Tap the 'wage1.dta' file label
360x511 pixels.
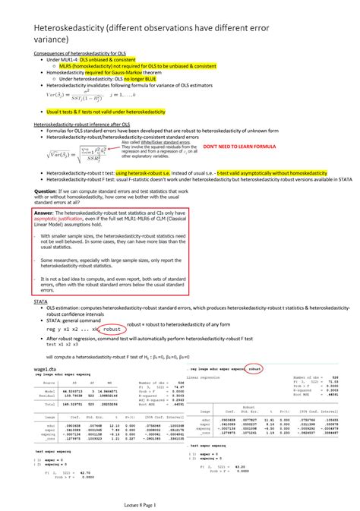point(46,369)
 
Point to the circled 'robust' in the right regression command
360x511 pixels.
point(255,368)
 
